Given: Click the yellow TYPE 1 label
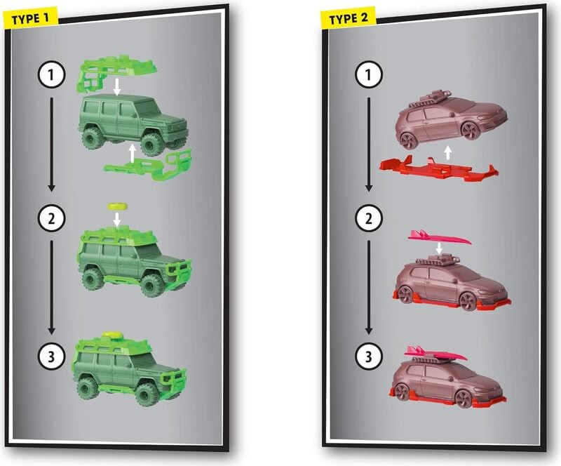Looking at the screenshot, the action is click(x=30, y=19).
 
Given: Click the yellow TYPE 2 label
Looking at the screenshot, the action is click(x=348, y=18).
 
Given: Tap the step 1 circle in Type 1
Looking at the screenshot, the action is click(x=51, y=75).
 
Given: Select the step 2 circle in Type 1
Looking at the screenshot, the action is click(x=51, y=218).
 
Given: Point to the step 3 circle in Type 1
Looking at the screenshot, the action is click(x=51, y=356).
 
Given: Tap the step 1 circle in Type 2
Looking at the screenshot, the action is click(x=369, y=75).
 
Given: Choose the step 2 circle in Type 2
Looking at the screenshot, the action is click(x=369, y=218).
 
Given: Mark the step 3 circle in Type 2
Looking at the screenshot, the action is click(x=369, y=356).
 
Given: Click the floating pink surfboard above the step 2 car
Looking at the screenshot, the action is click(x=439, y=237).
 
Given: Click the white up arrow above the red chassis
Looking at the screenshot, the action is click(x=447, y=152).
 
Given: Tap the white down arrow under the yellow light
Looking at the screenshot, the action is click(x=116, y=219).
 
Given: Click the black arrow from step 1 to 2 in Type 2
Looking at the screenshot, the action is click(x=369, y=144).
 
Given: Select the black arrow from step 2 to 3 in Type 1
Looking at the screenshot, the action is click(x=51, y=287).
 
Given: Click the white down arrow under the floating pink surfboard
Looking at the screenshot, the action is click(x=439, y=248).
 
